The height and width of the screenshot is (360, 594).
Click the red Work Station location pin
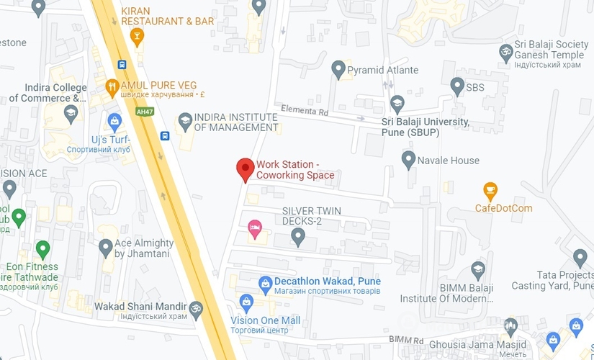click(x=246, y=169)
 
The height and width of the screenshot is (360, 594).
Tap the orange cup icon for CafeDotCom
click(x=490, y=192)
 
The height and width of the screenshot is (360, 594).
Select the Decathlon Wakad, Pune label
click(x=328, y=281)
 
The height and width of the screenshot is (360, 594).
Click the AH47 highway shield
click(x=145, y=112)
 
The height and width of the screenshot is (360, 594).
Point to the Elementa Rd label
click(x=305, y=112)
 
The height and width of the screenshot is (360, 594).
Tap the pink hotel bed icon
click(x=254, y=228)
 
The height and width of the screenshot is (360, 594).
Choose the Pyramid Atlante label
click(x=382, y=71)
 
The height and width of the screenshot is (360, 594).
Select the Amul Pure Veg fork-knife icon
click(x=112, y=87)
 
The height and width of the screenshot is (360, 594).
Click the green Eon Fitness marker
click(x=43, y=250)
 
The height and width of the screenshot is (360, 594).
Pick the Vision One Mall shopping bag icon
click(x=247, y=301)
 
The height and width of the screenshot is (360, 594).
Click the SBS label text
click(x=475, y=87)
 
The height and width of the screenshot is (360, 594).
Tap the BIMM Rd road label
click(x=405, y=339)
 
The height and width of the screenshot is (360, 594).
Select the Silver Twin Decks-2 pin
click(x=298, y=238)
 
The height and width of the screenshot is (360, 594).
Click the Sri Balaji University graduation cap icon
click(x=397, y=102)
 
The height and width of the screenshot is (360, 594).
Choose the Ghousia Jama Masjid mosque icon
click(x=510, y=326)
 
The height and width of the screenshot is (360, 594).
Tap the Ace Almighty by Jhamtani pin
click(x=106, y=248)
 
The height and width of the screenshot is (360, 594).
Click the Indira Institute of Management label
click(x=236, y=122)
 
